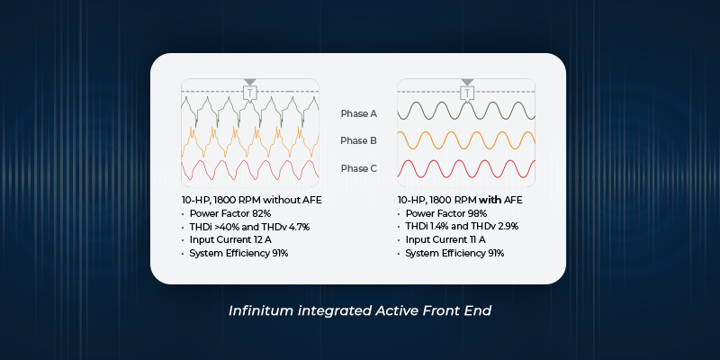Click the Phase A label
[x=358, y=114]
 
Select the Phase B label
[x=358, y=141]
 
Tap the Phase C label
[x=358, y=168]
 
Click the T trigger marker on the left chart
[x=250, y=93]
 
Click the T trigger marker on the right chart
[x=467, y=93]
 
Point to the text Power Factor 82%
[x=223, y=213]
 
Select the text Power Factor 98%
[x=440, y=213]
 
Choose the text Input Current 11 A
[x=439, y=239]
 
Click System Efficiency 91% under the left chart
[x=238, y=253]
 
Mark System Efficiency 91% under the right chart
[x=454, y=253]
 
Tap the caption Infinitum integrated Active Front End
[x=360, y=310]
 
